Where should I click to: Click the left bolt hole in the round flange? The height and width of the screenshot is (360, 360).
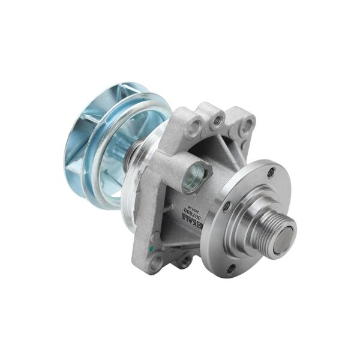click(x=227, y=206)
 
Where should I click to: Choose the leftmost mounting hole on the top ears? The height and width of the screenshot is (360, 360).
click(x=194, y=127)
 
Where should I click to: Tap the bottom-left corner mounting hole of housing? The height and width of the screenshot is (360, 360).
click(x=157, y=261)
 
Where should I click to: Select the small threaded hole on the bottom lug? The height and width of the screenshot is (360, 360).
click(x=185, y=259)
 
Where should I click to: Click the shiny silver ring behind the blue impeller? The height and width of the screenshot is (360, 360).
click(x=127, y=201)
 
